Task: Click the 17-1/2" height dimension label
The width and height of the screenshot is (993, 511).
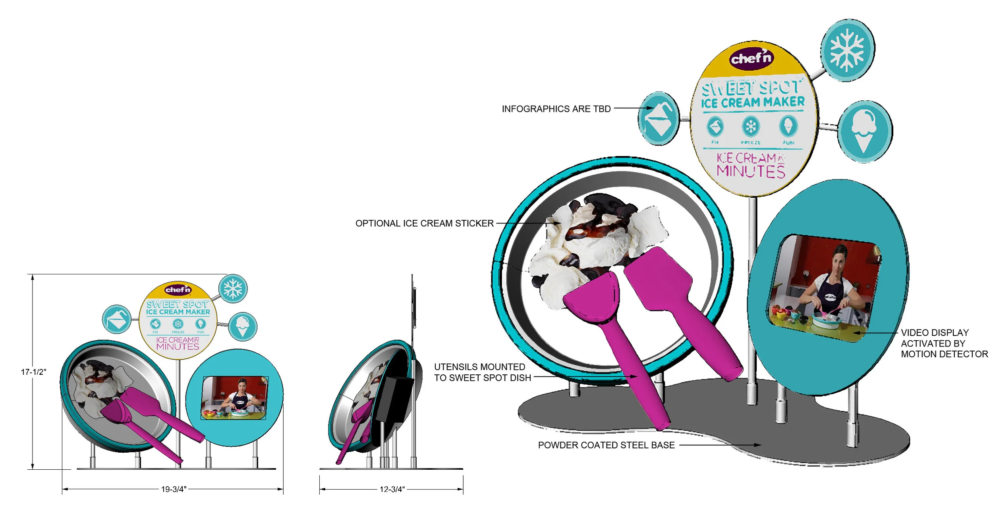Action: point(33,372)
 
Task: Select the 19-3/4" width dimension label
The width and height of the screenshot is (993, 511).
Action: point(174,489)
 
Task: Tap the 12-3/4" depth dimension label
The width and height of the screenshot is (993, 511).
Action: point(392,489)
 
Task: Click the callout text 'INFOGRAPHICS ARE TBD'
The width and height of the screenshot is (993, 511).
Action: point(556,109)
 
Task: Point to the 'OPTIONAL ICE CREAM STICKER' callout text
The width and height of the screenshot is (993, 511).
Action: point(424,224)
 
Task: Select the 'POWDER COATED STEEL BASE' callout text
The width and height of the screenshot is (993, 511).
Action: point(606,445)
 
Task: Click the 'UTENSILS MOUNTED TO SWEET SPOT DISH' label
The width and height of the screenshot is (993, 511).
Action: point(482,372)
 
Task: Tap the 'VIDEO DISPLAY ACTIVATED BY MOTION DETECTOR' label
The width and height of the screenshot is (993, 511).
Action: point(944,343)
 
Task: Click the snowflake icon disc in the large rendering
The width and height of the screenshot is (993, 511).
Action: point(847,50)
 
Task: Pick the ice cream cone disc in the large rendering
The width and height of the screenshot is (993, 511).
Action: point(864,131)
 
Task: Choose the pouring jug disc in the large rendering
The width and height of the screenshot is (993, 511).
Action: point(659,119)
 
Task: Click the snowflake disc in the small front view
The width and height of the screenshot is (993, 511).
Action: point(233,289)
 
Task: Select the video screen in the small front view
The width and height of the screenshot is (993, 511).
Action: point(235,398)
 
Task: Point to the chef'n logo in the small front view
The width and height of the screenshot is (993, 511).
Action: point(178,290)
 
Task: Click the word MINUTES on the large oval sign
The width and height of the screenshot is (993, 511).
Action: point(751,172)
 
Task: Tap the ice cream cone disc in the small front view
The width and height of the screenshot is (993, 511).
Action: point(243,326)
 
